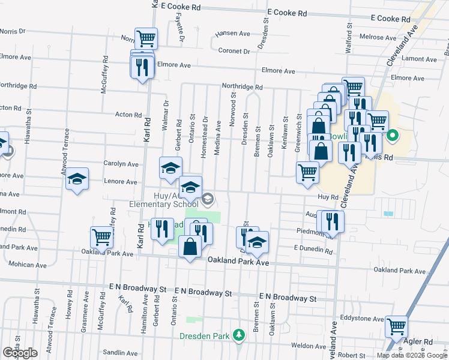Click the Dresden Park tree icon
tap(240, 334)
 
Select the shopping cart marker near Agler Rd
tap(397, 327)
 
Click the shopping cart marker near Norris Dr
tap(146, 39)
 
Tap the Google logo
tap(20, 353)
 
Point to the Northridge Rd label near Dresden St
tap(242, 87)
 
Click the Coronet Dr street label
tap(234, 51)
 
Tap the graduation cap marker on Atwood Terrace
tap(77, 179)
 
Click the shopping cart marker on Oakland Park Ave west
tap(101, 238)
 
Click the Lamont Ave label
tap(421, 58)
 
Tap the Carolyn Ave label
tap(121, 164)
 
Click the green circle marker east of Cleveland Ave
tap(393, 136)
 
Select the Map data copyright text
tap(412, 355)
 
